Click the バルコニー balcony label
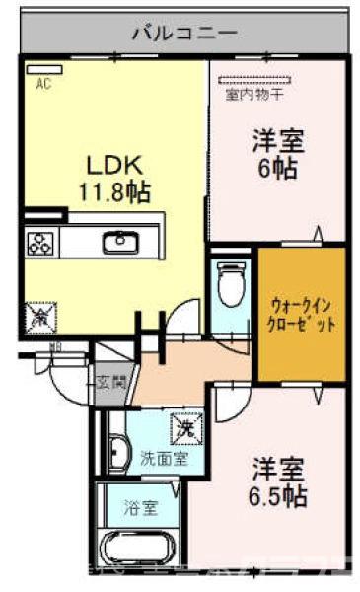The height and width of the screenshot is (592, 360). coord(184,31)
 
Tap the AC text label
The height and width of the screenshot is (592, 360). coord(43,85)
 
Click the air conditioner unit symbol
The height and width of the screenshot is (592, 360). coord(42,68)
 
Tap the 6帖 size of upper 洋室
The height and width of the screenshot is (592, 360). coord(276,167)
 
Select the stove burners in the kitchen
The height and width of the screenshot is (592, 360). coord(42,243)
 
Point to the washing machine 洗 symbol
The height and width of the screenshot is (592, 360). coord(185,428)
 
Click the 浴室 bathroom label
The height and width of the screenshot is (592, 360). coord(140,509)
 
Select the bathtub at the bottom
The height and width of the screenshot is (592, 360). coord(137,552)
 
